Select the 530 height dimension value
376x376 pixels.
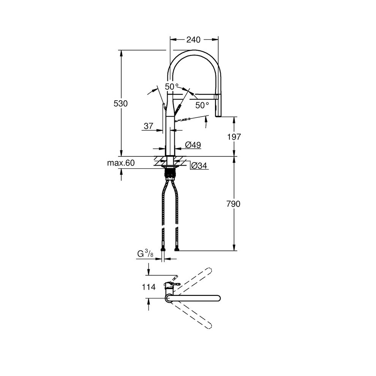click(x=121, y=103)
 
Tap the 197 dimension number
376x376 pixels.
click(x=234, y=137)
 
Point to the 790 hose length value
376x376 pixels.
click(x=234, y=204)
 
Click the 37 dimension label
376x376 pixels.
click(x=148, y=126)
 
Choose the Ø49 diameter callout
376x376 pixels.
click(x=193, y=145)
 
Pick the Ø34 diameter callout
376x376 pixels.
click(x=199, y=166)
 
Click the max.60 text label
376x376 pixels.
click(x=121, y=163)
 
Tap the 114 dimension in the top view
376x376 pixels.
click(x=149, y=287)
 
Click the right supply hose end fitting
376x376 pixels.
click(x=177, y=250)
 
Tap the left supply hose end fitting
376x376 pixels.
click(x=163, y=250)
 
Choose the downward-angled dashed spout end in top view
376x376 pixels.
click(x=208, y=325)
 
